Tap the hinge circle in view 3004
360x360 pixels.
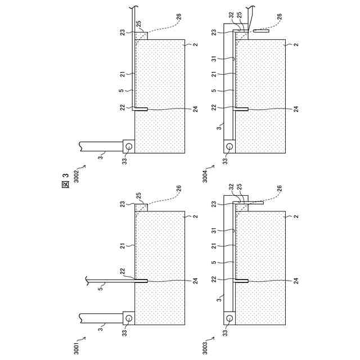tap(229, 146)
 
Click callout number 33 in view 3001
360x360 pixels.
tap(124, 333)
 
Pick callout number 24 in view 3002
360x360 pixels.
tap(195, 109)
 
